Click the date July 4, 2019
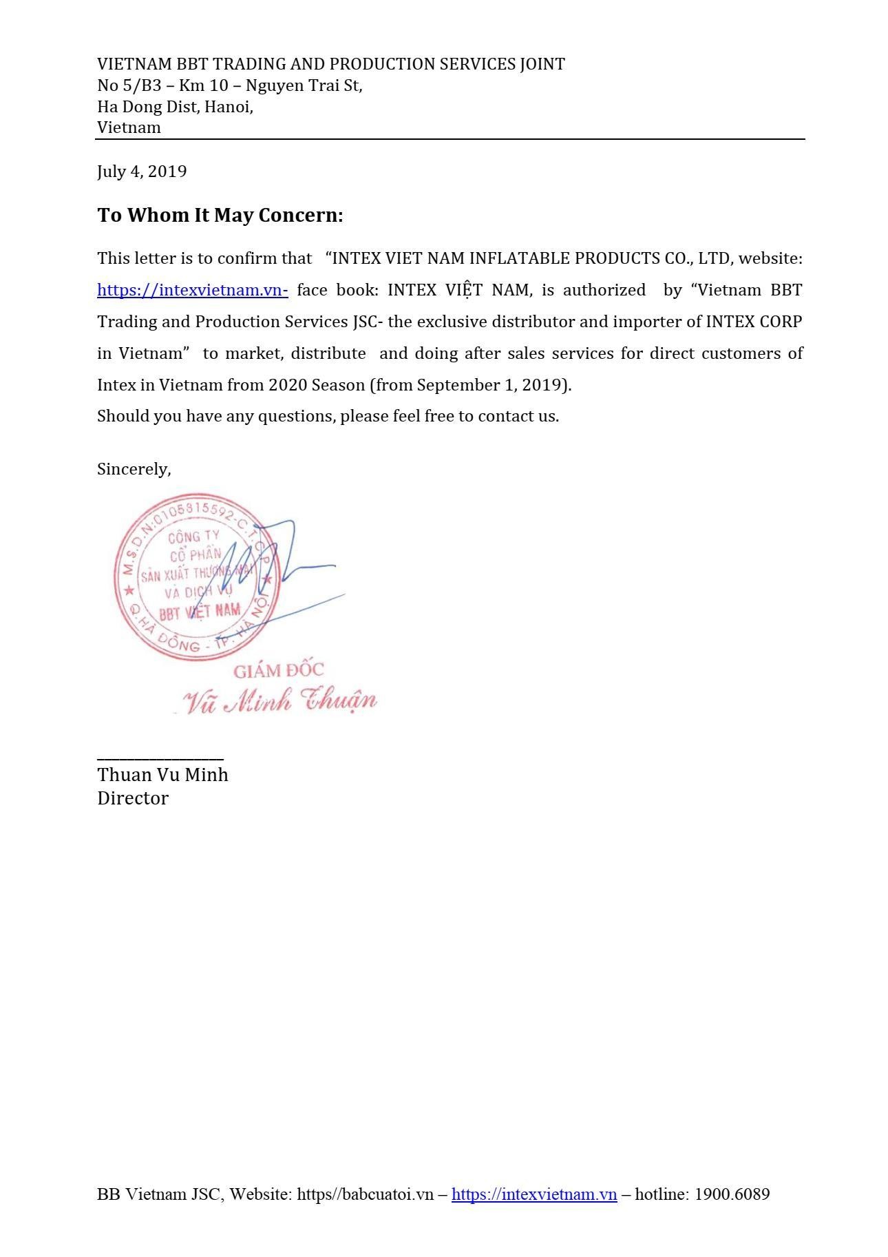(x=142, y=172)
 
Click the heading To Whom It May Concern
(x=220, y=215)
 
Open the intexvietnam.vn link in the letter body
(x=192, y=290)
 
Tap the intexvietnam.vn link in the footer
(x=533, y=1194)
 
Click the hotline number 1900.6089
(x=732, y=1194)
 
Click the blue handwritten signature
(x=275, y=565)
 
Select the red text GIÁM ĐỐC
(x=279, y=669)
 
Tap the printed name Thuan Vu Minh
(x=162, y=775)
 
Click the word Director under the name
(x=133, y=798)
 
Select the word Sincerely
(x=134, y=469)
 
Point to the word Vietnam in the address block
(x=129, y=127)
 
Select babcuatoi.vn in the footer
(x=383, y=1194)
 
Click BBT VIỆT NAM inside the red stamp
(x=200, y=610)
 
